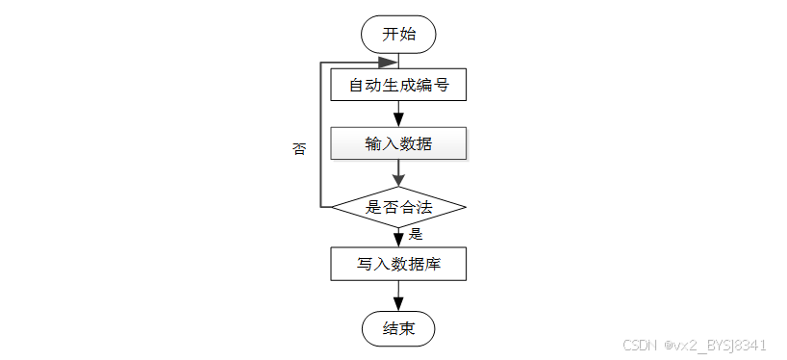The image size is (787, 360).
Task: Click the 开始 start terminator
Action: [x=398, y=34]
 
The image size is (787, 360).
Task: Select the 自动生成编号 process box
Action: [x=398, y=85]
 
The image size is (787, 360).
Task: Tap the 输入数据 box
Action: [x=398, y=143]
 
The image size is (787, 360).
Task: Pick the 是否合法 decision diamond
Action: [x=398, y=207]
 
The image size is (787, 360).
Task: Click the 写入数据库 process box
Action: [x=398, y=264]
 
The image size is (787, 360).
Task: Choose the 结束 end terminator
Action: [x=398, y=329]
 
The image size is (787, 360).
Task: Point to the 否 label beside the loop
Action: [x=299, y=148]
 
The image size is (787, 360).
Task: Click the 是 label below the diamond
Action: [x=416, y=234]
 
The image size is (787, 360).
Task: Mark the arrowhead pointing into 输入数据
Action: [x=398, y=119]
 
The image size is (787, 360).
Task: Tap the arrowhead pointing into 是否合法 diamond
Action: [x=398, y=179]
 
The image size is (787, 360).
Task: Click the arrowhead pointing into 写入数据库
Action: [x=398, y=239]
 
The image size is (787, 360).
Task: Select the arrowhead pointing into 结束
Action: [x=398, y=304]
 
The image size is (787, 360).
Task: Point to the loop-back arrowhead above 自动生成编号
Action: [x=389, y=63]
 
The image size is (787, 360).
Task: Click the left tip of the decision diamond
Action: [x=331, y=207]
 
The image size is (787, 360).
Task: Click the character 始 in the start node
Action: [x=407, y=34]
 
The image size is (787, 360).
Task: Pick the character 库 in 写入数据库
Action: [x=433, y=264]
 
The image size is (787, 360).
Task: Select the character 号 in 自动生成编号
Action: [x=441, y=86]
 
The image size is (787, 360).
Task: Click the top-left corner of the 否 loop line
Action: [x=320, y=63]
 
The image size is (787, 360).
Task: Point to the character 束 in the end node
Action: [x=407, y=329]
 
